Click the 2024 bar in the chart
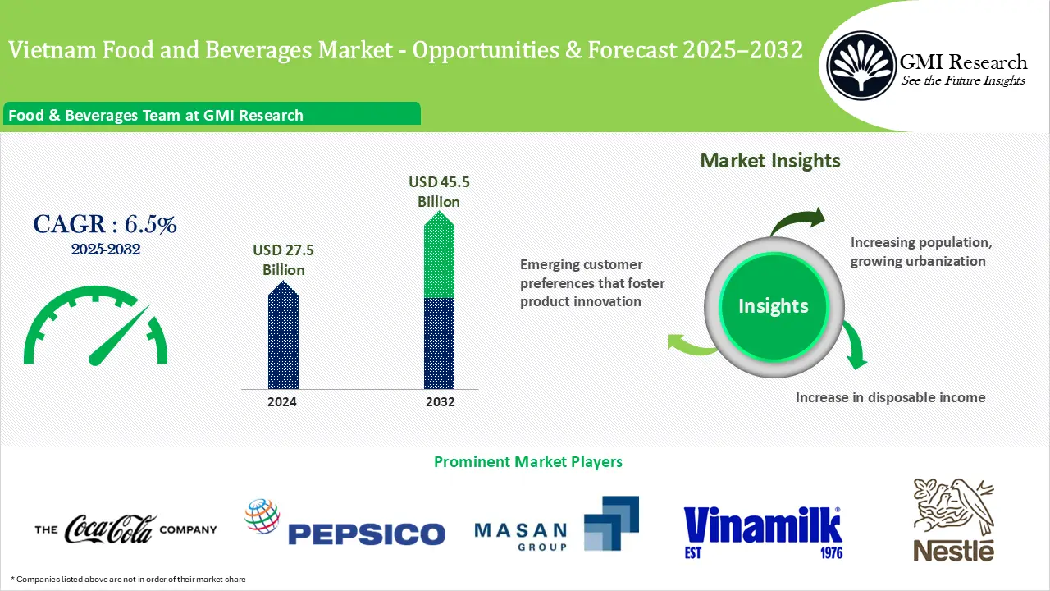283,337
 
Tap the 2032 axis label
441,402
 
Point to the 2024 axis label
282,402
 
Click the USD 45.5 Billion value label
439,191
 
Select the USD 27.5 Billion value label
284,260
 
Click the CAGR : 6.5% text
105,224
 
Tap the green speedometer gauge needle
118,337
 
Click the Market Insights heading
769,161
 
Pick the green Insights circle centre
773,306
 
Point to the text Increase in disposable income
890,397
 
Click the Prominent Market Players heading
527,462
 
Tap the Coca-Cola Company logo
126,529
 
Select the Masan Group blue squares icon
610,522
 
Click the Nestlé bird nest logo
953,521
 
